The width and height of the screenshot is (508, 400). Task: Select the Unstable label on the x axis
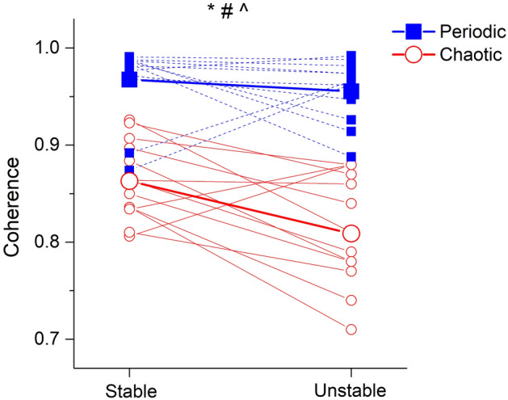click(351, 391)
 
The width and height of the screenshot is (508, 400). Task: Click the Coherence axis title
click(14, 207)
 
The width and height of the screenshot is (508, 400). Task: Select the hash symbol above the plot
click(227, 11)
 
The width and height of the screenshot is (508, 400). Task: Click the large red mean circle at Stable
click(129, 181)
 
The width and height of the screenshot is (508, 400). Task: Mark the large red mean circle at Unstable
click(351, 234)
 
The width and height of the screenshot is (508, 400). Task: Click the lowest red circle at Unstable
click(351, 329)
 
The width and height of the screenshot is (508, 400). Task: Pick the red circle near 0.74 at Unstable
click(351, 300)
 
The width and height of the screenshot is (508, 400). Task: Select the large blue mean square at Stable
click(129, 79)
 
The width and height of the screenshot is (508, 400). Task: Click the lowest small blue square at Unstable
click(351, 158)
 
